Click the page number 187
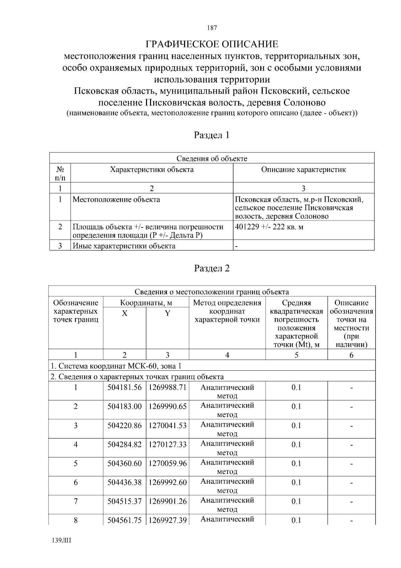click(x=212, y=28)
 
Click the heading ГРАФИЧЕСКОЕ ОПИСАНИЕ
click(x=212, y=44)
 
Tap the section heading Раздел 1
click(x=212, y=135)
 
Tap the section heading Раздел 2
click(x=212, y=268)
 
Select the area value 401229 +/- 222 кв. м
click(x=269, y=227)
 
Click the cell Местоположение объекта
click(x=116, y=200)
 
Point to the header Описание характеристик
click(x=303, y=170)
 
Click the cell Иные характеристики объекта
click(x=124, y=246)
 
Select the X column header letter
click(x=124, y=313)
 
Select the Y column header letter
click(x=167, y=313)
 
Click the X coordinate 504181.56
click(x=124, y=387)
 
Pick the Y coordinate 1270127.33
click(x=167, y=445)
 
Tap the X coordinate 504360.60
click(x=124, y=464)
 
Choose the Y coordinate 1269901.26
click(x=167, y=501)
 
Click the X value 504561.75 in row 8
click(x=124, y=520)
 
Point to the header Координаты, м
click(x=146, y=303)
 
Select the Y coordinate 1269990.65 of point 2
click(x=167, y=406)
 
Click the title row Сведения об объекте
click(x=212, y=159)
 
